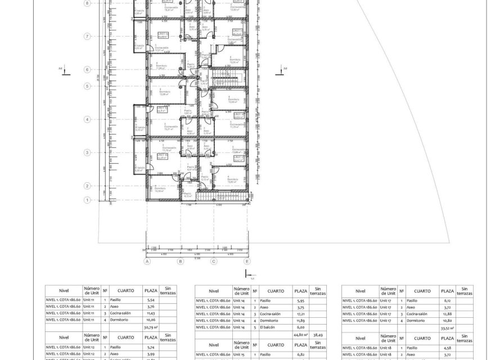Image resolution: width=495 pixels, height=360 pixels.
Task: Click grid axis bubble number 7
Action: coord(87,36)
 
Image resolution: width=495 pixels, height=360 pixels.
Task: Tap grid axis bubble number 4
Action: coord(87,119)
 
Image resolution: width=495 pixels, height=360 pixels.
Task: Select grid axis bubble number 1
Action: coord(87,200)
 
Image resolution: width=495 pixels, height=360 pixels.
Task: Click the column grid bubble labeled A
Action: coord(147,262)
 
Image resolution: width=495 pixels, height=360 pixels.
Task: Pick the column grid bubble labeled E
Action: coord(247,262)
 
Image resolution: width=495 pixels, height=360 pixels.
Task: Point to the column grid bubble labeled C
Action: coord(214,262)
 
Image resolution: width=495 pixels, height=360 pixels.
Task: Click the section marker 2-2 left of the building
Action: coord(65,70)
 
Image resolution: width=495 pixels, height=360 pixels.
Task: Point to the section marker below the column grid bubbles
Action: coord(247,274)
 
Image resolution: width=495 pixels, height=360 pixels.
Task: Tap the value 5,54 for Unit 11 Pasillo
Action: coord(150,300)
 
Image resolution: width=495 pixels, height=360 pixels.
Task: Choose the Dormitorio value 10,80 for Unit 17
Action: coord(447,319)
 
